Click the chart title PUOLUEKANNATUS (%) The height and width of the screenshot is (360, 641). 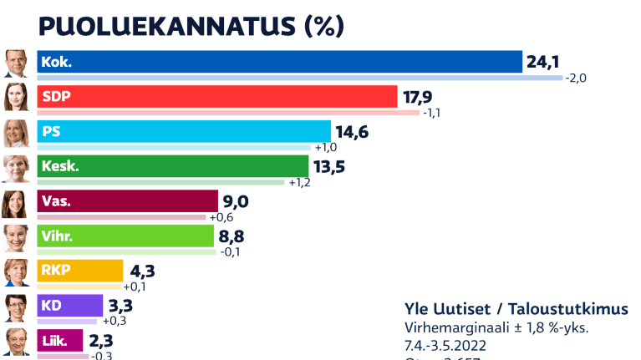pos(191,26)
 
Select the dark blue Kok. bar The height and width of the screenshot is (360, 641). pos(280,62)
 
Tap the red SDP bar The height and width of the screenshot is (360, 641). pos(217,97)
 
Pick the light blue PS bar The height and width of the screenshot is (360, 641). pos(185,132)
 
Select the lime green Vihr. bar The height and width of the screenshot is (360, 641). pos(126,236)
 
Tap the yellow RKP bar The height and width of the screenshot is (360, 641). pos(80,271)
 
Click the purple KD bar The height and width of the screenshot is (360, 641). pos(70,306)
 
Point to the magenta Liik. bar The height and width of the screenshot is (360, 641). pos(60,341)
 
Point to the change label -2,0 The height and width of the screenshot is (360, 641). pos(577,79)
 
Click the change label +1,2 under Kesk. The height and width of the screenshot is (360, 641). pos(298,183)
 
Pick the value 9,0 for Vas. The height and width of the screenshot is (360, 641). pos(236,201)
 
